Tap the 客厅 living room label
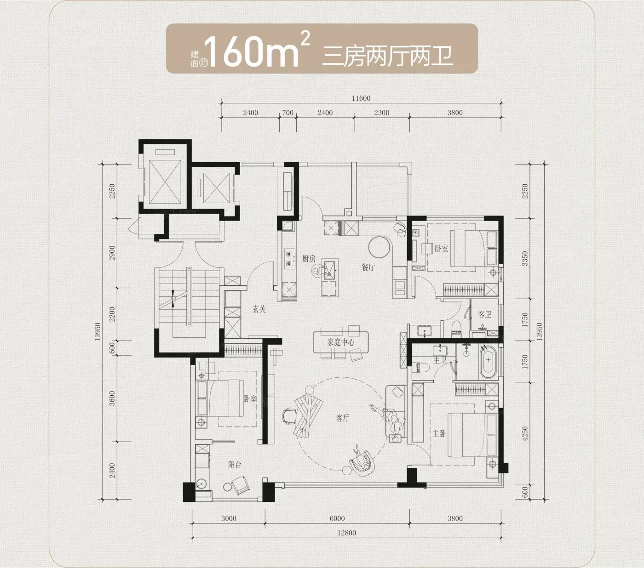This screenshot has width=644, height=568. [x=342, y=418]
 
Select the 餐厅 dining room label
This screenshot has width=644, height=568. [x=368, y=267]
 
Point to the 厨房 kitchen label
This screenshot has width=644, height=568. [x=309, y=259]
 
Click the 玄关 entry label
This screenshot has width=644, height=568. [x=259, y=309]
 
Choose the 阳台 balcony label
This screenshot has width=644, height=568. [x=235, y=465]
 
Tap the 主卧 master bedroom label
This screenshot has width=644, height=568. [x=439, y=434]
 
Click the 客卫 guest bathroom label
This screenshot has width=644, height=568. [x=485, y=314]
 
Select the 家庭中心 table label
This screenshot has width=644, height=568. [x=341, y=342]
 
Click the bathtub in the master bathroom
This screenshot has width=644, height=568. [x=488, y=362]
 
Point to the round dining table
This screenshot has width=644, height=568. [x=379, y=247]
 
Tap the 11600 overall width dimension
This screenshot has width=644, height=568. [x=361, y=98]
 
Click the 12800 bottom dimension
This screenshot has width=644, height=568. [x=346, y=533]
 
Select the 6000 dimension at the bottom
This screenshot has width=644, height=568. [x=337, y=518]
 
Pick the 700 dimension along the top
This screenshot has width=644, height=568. [x=287, y=113]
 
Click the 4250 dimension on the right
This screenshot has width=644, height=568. [x=525, y=433]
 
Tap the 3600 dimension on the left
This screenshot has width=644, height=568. [x=112, y=398]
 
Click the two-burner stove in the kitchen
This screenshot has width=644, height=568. [x=289, y=259]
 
